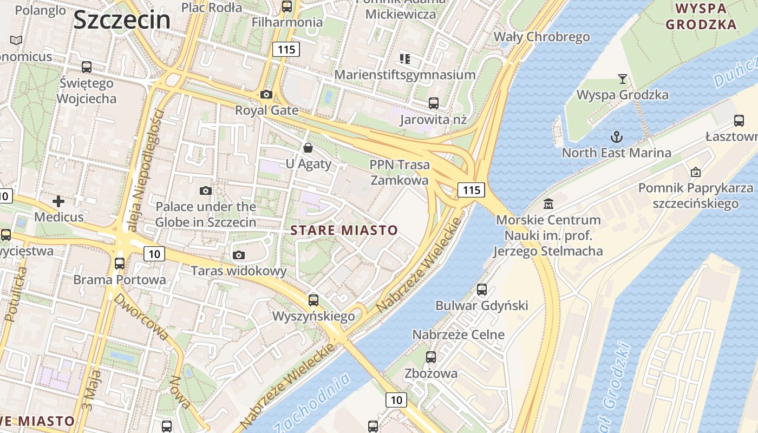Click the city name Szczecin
tap(122, 20)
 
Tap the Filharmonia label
tap(287, 22)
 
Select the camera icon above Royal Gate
tap(266, 95)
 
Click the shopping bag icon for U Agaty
tap(308, 147)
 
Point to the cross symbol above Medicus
tap(58, 202)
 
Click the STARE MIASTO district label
tap(344, 230)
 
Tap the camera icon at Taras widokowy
tap(238, 255)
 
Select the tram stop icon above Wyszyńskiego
tap(313, 300)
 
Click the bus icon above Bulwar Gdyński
tap(482, 290)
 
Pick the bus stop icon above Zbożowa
tap(431, 357)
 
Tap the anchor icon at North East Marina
tap(616, 136)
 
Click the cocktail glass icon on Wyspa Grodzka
tap(623, 79)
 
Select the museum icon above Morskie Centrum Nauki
tap(548, 204)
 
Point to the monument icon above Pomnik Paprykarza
tap(696, 172)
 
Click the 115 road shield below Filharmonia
tap(286, 50)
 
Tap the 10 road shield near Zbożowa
tap(396, 400)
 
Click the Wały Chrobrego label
tap(541, 37)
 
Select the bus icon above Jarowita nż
tap(433, 103)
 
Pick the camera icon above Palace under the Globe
tap(206, 191)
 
